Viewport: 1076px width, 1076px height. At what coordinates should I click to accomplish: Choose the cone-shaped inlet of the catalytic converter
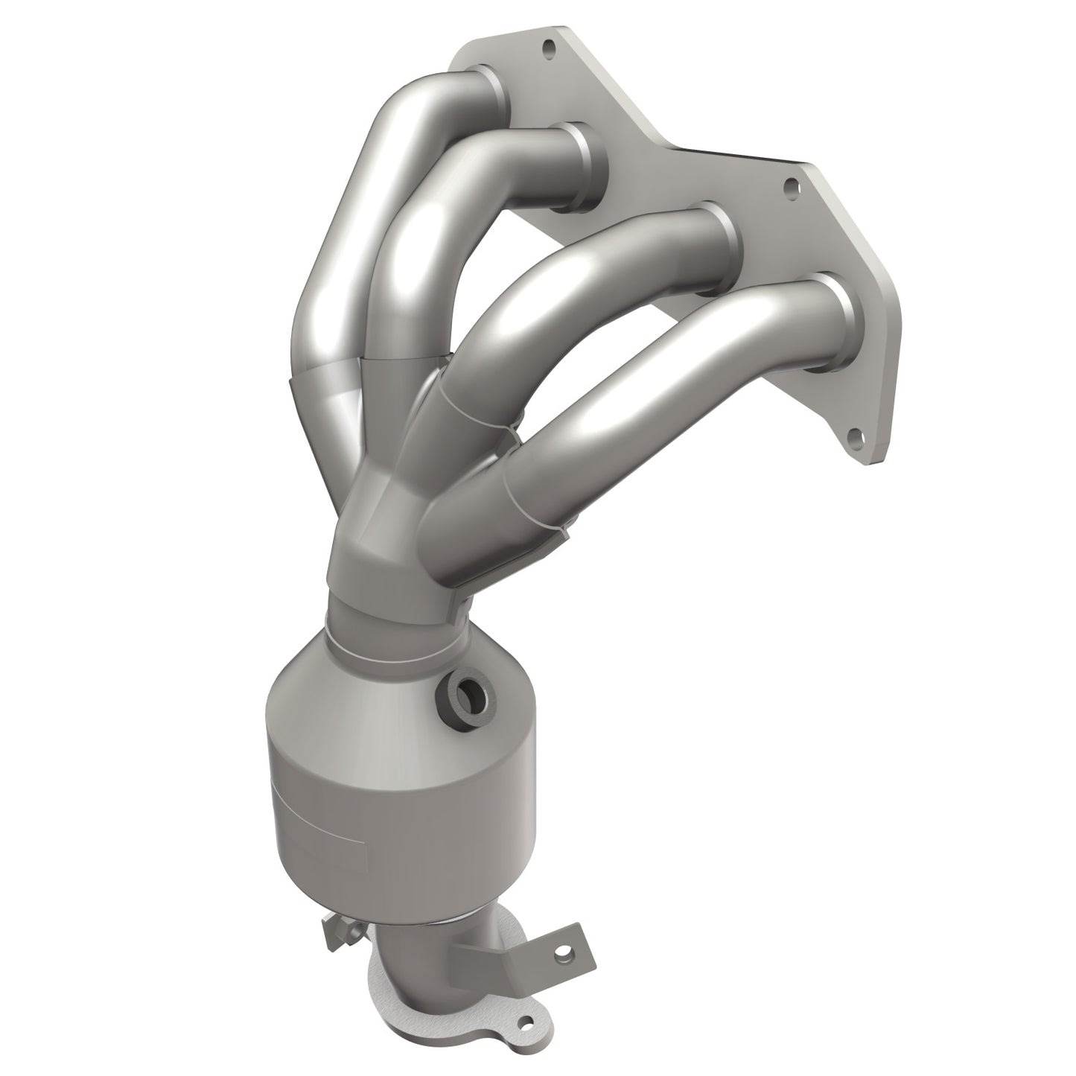coord(372,685)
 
